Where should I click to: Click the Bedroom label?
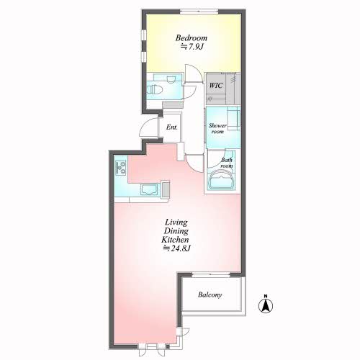coord(192,38)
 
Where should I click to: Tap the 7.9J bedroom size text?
coord(192,47)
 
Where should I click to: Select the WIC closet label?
coord(216,85)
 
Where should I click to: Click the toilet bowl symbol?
coord(154,90)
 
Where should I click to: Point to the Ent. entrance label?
coord(172,127)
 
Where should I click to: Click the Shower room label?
coord(217,128)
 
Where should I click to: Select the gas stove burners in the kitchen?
coord(121,167)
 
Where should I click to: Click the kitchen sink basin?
coord(149,189)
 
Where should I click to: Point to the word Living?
coord(176,222)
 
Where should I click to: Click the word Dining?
coord(176,231)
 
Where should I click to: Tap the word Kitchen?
coord(175,240)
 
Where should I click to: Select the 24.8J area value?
coord(176,248)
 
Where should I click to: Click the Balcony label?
coord(210,294)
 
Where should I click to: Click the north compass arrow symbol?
coord(266,306)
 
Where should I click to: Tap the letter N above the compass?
coord(266,296)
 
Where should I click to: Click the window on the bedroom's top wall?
coord(199,11)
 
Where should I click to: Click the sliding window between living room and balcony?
coord(211,275)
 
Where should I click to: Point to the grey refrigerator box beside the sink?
coord(166,189)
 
